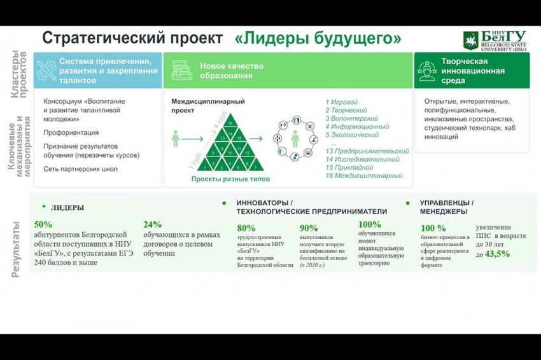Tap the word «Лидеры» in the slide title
coord(274,39)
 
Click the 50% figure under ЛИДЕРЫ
coord(43,225)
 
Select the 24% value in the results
coord(153,225)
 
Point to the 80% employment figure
coord(246,228)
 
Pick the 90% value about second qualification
coord(309,228)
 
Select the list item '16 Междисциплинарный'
coord(364,176)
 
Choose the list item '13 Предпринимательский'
coord(367,151)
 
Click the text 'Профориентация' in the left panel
coord(71,132)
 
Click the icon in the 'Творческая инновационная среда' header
coord(428,70)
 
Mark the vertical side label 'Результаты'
coord(17,249)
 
